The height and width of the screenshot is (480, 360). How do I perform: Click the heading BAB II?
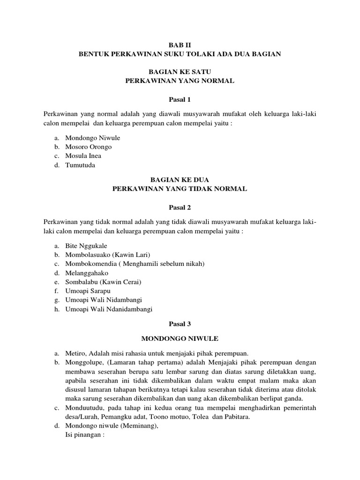click(180, 45)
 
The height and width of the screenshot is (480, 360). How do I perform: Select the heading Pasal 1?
click(180, 99)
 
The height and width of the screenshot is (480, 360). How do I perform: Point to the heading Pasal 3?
click(180, 323)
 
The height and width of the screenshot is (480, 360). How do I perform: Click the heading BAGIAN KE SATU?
click(180, 72)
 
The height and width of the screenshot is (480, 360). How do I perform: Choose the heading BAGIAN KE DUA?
click(180, 179)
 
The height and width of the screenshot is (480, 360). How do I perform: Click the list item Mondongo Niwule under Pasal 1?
click(92, 138)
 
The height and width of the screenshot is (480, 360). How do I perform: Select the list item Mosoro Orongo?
click(88, 147)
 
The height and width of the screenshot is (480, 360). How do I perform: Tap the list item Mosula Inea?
click(83, 156)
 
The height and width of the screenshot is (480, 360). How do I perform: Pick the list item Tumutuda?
click(80, 165)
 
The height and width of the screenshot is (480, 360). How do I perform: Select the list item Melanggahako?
click(87, 272)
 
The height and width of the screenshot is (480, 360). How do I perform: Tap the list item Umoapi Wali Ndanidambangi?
click(109, 309)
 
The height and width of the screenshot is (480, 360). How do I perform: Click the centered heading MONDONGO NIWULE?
click(180, 337)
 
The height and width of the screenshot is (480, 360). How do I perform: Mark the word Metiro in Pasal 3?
click(75, 353)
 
